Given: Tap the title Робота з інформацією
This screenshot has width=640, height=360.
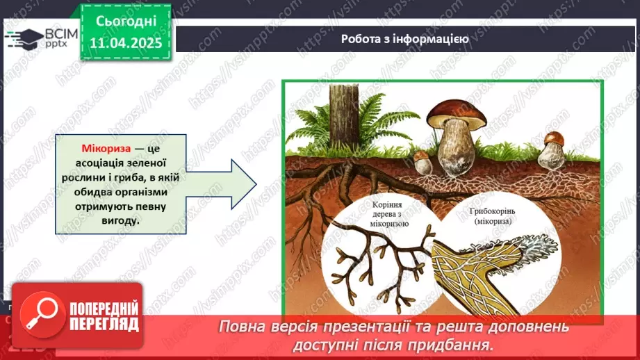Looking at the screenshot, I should point(404,39).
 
